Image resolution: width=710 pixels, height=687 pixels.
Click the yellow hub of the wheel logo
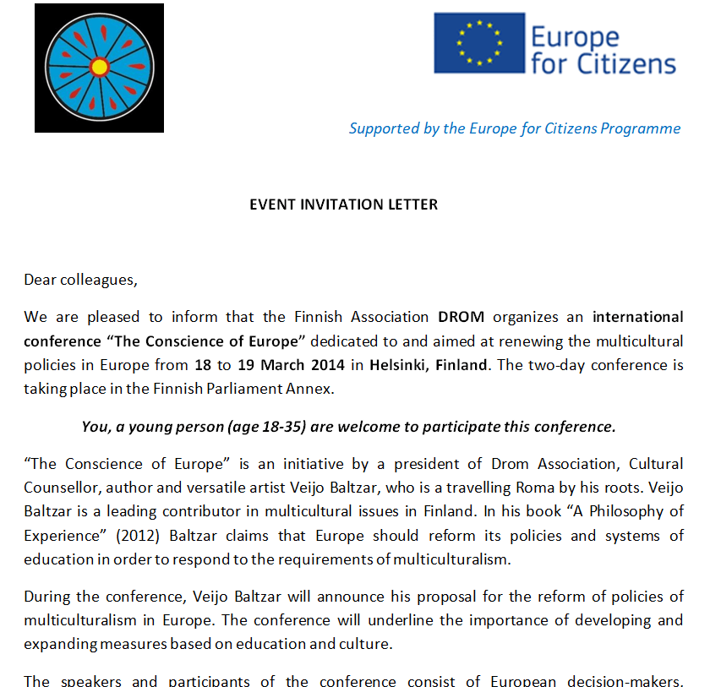tap(100, 67)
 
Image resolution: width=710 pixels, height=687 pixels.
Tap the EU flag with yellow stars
tap(478, 42)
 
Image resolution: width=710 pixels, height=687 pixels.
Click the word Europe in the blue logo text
tap(575, 37)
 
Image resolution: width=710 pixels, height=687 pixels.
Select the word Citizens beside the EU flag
tap(625, 64)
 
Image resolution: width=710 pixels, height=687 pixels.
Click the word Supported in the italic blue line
tap(384, 128)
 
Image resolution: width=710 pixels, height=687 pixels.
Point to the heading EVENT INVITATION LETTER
tap(343, 204)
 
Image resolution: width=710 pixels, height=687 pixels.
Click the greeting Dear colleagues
tap(79, 280)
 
